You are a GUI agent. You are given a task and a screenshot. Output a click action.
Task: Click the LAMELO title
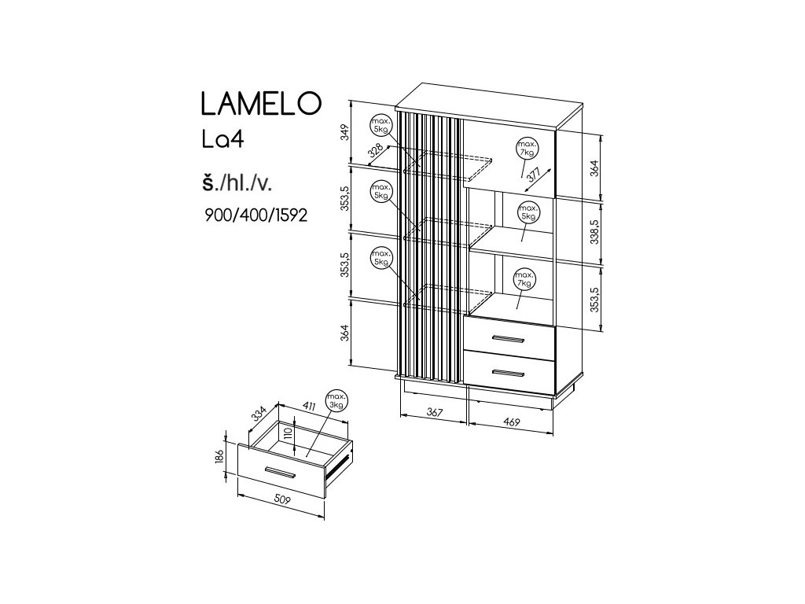click(x=259, y=104)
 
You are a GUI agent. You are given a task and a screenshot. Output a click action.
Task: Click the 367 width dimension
click(x=433, y=412)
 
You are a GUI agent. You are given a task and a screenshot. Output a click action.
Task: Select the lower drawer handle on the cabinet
click(x=507, y=371)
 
